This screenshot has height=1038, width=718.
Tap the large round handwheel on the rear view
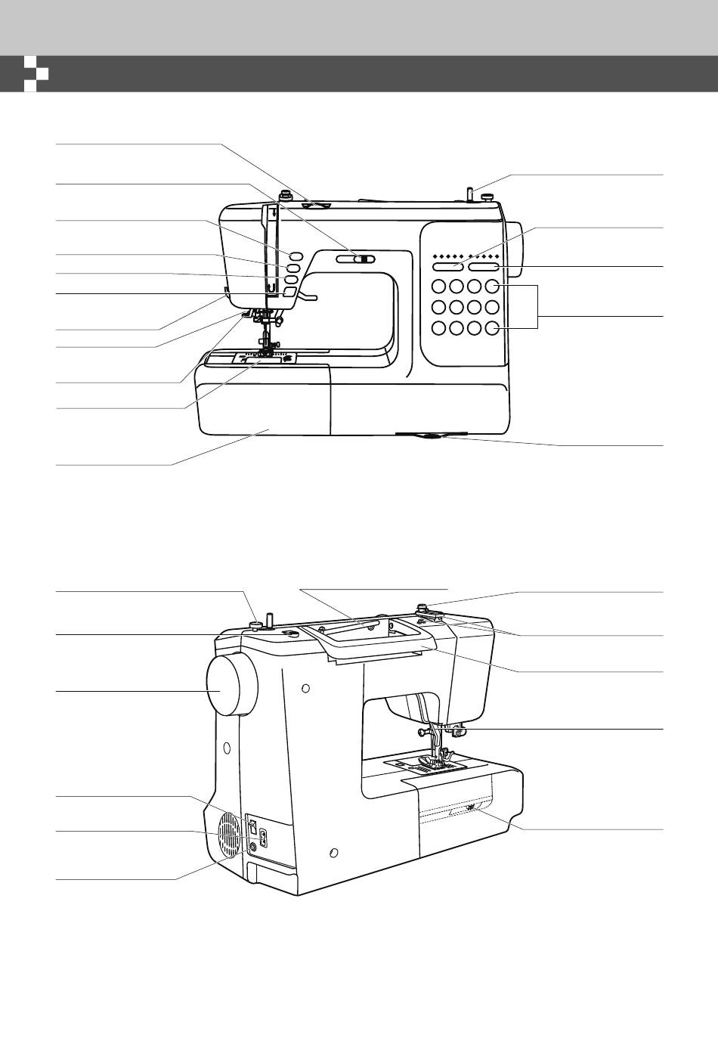(231, 685)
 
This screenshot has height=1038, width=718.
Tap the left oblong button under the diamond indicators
(447, 267)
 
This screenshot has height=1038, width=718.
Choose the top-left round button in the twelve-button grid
(439, 287)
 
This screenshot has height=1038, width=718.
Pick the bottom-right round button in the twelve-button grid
(492, 328)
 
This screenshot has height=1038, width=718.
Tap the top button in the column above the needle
(295, 254)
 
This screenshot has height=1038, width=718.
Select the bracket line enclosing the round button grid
(537, 307)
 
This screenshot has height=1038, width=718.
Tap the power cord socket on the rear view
(263, 838)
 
